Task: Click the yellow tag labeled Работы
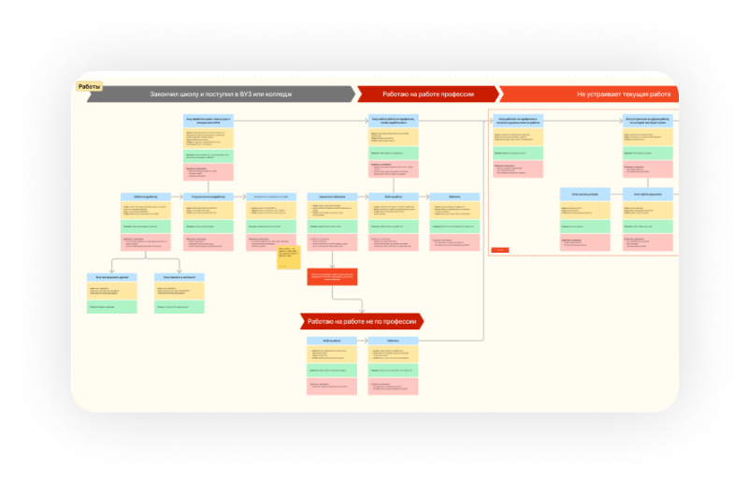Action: tap(90, 86)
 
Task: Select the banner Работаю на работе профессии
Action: tap(427, 95)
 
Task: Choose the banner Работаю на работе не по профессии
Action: tap(362, 321)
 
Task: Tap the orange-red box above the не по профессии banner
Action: tap(332, 276)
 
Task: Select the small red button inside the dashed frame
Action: tap(500, 250)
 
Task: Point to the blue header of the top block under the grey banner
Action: tap(209, 120)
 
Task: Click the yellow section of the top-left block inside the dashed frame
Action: tap(517, 135)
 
